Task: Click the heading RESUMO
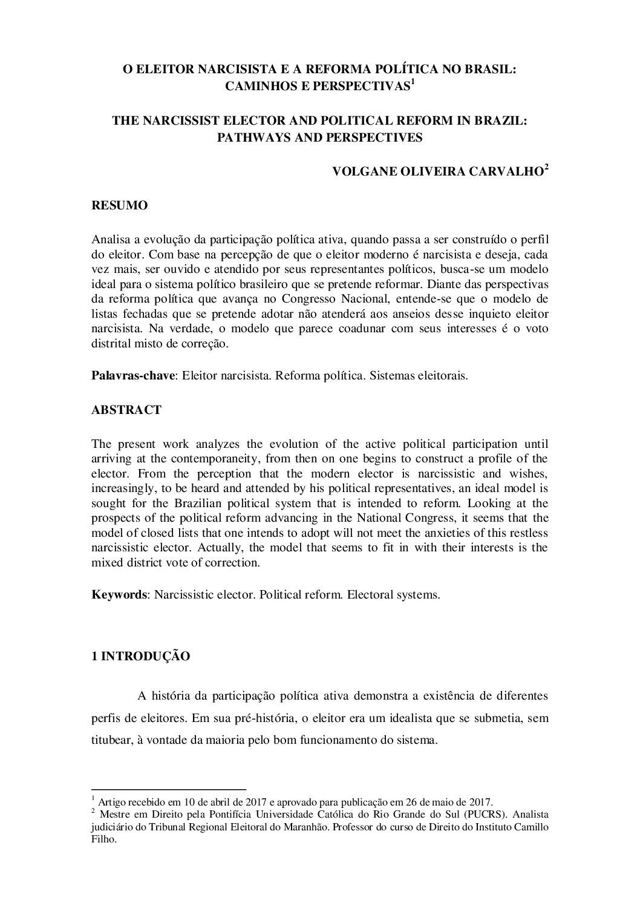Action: pos(119,206)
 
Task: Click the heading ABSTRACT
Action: pos(126,410)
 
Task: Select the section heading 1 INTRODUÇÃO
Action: pos(140,656)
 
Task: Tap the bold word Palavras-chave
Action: pos(133,375)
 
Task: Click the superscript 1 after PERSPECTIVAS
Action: pos(413,82)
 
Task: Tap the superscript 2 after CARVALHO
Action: pos(546,168)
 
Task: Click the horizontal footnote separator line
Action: pos(169,789)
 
